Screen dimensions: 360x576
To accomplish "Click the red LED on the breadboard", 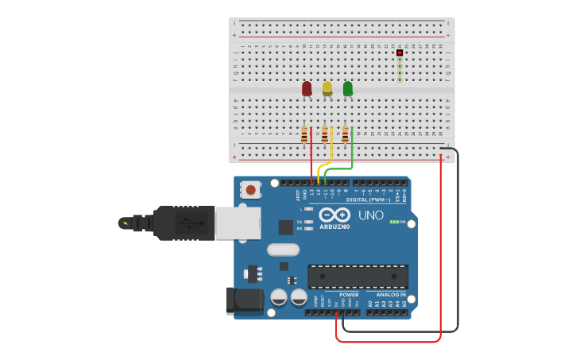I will pyautogui.click(x=307, y=88).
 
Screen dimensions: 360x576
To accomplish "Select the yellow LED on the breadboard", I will pyautogui.click(x=327, y=88).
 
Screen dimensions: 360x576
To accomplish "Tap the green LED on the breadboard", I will pyautogui.click(x=348, y=88).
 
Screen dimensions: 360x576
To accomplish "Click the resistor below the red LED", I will pyautogui.click(x=304, y=135).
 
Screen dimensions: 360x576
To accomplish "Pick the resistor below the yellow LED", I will pyautogui.click(x=325, y=135).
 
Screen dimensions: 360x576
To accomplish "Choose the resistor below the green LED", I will pyautogui.click(x=345, y=135).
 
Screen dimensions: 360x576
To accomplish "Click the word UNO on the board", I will pyautogui.click(x=370, y=215).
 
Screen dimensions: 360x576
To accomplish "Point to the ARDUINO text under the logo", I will pyautogui.click(x=334, y=226).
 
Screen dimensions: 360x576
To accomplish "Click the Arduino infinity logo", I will pyautogui.click(x=334, y=215).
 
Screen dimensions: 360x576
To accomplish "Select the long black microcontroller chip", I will pyautogui.click(x=358, y=277).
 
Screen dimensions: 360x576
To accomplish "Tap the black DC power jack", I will pyautogui.click(x=243, y=300).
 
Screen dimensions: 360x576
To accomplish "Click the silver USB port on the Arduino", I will pyautogui.click(x=238, y=223).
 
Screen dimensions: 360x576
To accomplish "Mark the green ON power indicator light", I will pyautogui.click(x=394, y=222).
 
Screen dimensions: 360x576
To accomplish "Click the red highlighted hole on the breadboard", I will pyautogui.click(x=400, y=52).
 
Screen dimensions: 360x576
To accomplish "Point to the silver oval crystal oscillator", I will pyautogui.click(x=283, y=250).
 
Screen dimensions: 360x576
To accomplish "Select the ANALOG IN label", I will pyautogui.click(x=390, y=295).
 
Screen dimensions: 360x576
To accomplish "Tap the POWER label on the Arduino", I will pyautogui.click(x=349, y=295).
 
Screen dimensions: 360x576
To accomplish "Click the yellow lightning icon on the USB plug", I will pyautogui.click(x=123, y=223).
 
